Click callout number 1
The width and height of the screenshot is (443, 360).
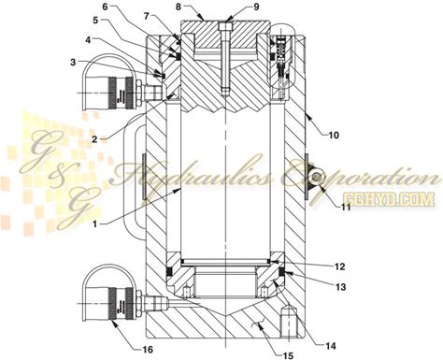(x=96, y=223)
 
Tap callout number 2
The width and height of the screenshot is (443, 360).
(x=94, y=139)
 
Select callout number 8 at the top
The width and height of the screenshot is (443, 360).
(x=179, y=7)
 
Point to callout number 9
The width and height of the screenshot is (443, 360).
(x=256, y=7)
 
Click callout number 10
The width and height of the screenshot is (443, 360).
(x=333, y=136)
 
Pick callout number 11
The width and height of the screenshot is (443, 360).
(x=346, y=207)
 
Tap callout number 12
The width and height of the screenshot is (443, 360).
(x=340, y=266)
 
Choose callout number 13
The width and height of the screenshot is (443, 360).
(x=341, y=286)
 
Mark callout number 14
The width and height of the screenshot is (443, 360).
(x=331, y=346)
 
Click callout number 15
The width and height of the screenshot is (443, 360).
(x=288, y=355)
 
